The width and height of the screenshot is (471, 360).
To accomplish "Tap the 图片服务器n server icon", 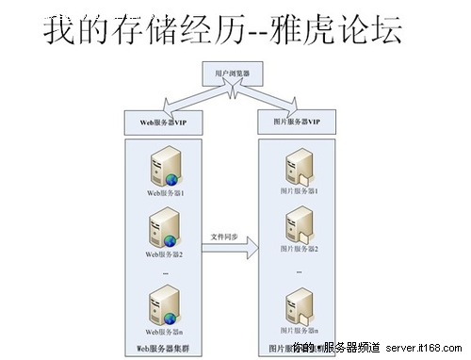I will (298, 307).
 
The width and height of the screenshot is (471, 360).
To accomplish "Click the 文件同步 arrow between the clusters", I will (231, 248).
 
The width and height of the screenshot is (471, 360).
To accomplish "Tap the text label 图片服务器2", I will (298, 249).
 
